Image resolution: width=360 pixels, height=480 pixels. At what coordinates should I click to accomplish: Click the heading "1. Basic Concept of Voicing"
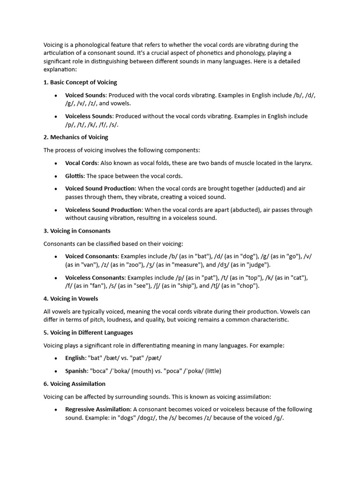(x=80, y=82)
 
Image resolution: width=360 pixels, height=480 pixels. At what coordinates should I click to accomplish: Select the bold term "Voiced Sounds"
(x=85, y=95)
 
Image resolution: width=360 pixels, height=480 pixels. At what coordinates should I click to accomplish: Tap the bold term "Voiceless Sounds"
(x=89, y=116)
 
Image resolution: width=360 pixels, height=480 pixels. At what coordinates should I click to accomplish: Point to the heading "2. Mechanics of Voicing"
(x=76, y=137)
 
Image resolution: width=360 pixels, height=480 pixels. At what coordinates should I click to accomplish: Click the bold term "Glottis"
(x=74, y=176)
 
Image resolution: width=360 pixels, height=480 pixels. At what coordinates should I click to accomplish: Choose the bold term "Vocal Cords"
(x=81, y=163)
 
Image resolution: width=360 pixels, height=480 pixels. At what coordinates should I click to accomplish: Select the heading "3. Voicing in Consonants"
(x=77, y=231)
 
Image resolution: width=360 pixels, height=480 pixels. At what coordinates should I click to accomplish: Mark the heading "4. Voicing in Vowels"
(x=71, y=299)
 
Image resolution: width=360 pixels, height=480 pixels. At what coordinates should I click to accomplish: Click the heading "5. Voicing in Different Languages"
(x=88, y=332)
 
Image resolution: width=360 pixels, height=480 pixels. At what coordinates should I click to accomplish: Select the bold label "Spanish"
(x=76, y=371)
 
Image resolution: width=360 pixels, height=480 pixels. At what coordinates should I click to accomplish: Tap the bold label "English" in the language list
(x=75, y=358)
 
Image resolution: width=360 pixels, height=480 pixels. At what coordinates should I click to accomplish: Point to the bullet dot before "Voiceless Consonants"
(x=56, y=277)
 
